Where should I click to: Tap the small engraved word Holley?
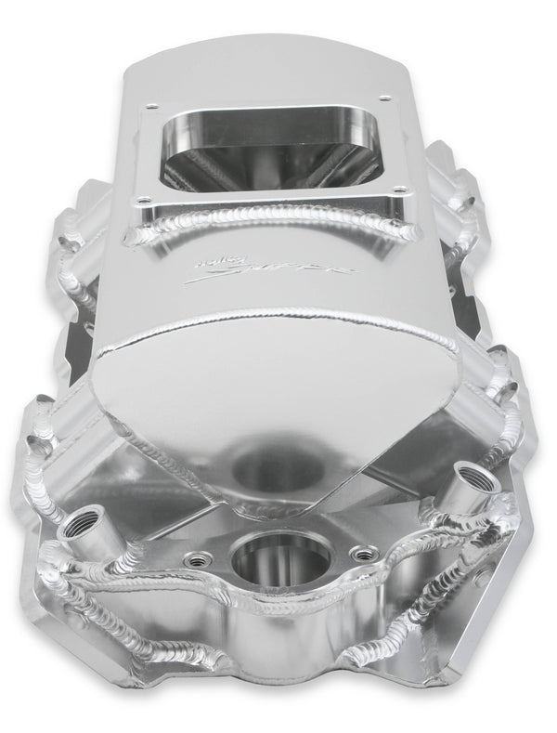207,263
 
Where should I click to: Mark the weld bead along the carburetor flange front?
269,218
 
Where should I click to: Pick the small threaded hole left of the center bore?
196,559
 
